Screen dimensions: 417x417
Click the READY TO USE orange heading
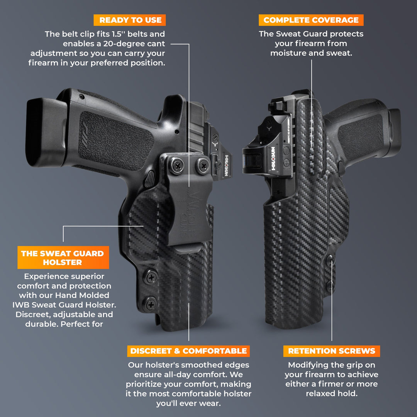pyautogui.click(x=130, y=20)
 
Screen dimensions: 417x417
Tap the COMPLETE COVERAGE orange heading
pyautogui.click(x=311, y=20)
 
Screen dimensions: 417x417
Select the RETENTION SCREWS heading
pyautogui.click(x=331, y=351)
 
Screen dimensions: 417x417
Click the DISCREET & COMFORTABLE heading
pyautogui.click(x=188, y=351)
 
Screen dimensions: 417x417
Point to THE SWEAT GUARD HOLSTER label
pyautogui.click(x=63, y=258)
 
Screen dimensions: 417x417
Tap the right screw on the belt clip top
pyautogui.click(x=202, y=166)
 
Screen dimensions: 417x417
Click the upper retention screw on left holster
pyautogui.click(x=151, y=277)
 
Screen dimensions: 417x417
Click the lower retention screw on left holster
pyautogui.click(x=151, y=304)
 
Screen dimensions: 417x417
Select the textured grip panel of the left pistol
pyautogui.click(x=116, y=141)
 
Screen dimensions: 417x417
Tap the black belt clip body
pyautogui.click(x=189, y=208)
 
